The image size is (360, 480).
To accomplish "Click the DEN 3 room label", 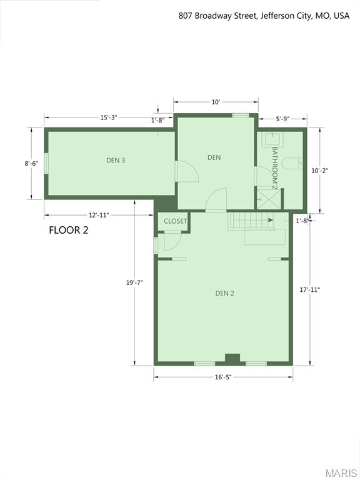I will (116, 160).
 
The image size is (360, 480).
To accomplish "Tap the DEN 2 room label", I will (224, 293).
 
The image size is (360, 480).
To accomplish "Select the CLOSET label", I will (176, 221).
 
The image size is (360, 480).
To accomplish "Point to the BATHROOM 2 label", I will (274, 167).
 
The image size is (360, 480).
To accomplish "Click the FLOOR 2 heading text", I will (69, 230).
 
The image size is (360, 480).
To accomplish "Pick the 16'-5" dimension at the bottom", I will (223, 377).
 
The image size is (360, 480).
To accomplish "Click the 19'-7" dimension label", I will (134, 282).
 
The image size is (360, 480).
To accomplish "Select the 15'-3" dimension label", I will (109, 117).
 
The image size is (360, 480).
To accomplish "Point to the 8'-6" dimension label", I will (31, 164).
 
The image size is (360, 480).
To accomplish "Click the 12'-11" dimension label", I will (99, 215).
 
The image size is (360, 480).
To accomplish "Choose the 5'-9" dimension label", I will (283, 119).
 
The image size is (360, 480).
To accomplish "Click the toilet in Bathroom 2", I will (292, 164).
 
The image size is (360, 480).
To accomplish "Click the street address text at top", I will (263, 16).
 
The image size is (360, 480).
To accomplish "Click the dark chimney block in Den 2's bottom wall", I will (232, 358).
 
